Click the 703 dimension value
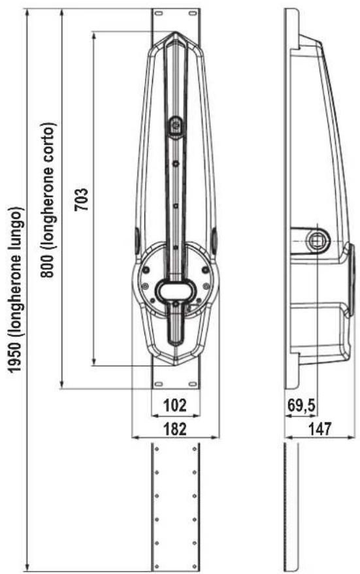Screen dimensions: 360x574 point(81,199)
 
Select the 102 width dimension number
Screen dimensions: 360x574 point(175,406)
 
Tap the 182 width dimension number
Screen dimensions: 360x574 point(175,428)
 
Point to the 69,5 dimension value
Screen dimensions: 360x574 point(301,406)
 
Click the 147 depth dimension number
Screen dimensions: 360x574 point(319,428)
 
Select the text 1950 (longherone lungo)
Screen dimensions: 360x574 point(16,289)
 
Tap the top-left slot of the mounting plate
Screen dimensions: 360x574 point(158,14)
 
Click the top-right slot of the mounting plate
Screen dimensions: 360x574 point(193,14)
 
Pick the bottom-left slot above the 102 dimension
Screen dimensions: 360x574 point(159,383)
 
